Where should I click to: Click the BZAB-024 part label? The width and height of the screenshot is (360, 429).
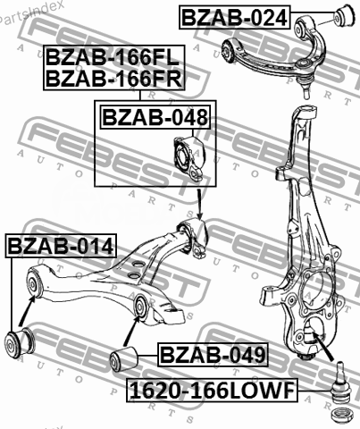point(235,17)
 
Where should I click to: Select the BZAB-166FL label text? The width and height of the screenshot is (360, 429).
point(113,57)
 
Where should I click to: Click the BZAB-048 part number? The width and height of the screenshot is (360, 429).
point(155,117)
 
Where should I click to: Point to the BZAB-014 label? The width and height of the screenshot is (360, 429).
point(61,246)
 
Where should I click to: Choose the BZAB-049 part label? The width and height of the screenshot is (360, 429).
point(213,355)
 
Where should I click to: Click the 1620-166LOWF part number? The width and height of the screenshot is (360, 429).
point(212,391)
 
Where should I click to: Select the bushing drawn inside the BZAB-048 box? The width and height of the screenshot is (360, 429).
point(188,157)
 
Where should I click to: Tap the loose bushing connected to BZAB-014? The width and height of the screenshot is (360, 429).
point(20,342)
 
